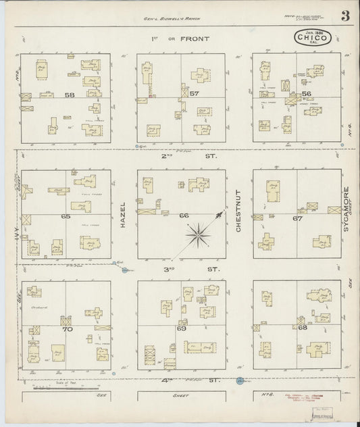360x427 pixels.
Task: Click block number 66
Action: point(184,216)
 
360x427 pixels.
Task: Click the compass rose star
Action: point(199,234)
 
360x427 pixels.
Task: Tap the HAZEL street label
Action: point(124,216)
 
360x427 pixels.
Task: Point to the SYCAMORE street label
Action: point(345,209)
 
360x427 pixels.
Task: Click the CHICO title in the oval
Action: point(312,39)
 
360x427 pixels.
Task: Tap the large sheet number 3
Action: point(344,18)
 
